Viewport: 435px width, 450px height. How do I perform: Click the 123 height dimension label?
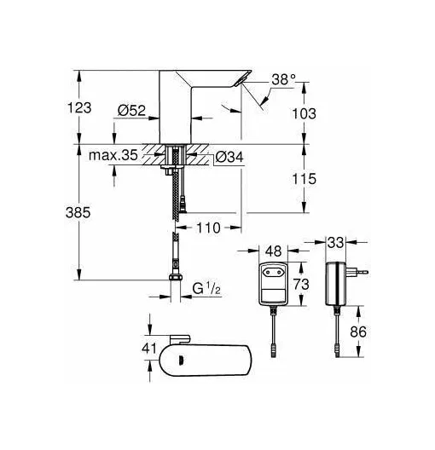click(79, 108)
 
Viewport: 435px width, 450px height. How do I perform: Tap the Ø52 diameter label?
click(131, 111)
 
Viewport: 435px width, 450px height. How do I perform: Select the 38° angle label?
click(283, 79)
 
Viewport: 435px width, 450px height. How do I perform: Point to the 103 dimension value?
click(304, 113)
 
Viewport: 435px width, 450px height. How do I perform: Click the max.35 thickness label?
click(113, 155)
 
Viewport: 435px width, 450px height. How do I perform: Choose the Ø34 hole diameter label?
click(229, 157)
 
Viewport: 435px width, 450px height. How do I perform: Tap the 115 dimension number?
click(304, 179)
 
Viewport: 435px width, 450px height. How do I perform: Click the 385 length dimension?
click(78, 213)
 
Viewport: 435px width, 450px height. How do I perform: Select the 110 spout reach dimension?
click(208, 228)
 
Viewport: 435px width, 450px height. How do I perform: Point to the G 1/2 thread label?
click(206, 288)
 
